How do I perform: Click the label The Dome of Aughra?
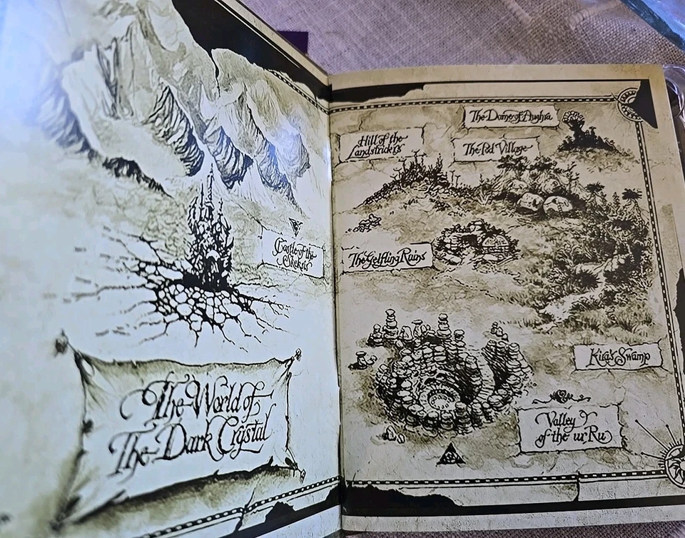point(511,116)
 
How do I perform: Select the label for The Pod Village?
point(495,149)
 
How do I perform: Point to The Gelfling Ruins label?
point(387,258)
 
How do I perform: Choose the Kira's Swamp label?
point(618,356)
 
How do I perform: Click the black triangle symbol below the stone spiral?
point(450,455)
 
